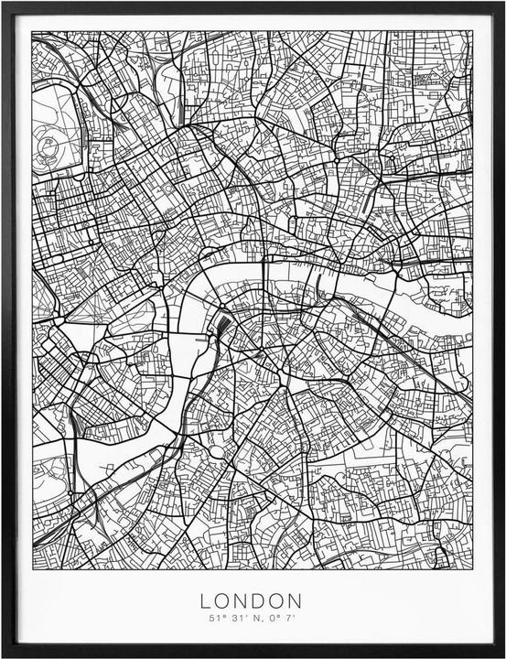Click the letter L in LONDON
click(205, 601)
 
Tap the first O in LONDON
click(223, 601)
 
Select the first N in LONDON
click(242, 601)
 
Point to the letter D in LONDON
click(261, 601)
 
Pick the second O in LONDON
click(279, 601)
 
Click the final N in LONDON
click(298, 601)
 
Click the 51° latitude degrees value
click(214, 620)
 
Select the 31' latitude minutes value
click(235, 620)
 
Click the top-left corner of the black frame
click(3, 3)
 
